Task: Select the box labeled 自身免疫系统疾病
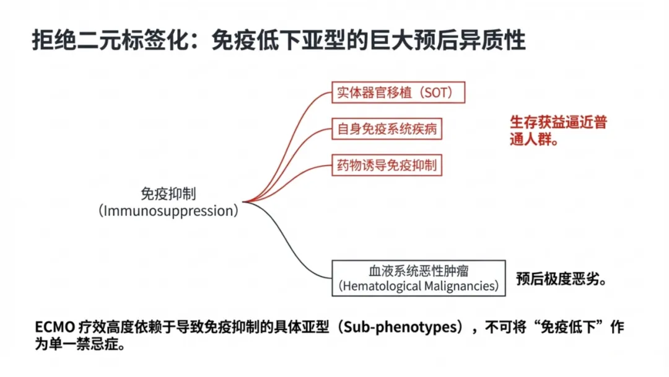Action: coord(387,130)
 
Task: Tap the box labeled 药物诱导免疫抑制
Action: coord(387,166)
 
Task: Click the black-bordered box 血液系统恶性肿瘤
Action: coord(418,270)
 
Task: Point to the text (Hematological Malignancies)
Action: coord(418,286)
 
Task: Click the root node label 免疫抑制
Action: coord(168,193)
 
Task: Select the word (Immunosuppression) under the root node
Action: coord(168,211)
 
